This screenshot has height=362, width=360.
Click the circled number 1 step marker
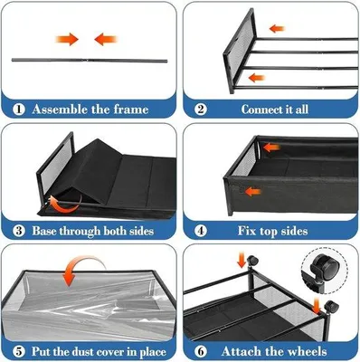[x=19, y=110]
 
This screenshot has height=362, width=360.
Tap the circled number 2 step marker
[x=201, y=110]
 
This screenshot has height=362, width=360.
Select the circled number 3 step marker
[x=19, y=231]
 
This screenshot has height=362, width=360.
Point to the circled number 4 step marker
[x=201, y=231]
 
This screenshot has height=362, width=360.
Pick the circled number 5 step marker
[x=19, y=352]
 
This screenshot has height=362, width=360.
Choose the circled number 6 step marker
[x=201, y=352]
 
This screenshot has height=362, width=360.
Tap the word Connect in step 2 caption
[x=261, y=110]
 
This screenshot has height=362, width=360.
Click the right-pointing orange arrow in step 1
[x=67, y=39]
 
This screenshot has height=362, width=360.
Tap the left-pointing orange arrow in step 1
[x=106, y=39]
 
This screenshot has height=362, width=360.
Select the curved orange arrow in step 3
[x=64, y=204]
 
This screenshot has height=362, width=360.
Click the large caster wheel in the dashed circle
[x=325, y=266]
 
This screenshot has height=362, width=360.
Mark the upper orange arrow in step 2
[x=278, y=29]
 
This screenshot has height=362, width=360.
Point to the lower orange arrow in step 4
[x=252, y=191]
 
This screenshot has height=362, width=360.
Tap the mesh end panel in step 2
[x=239, y=52]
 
